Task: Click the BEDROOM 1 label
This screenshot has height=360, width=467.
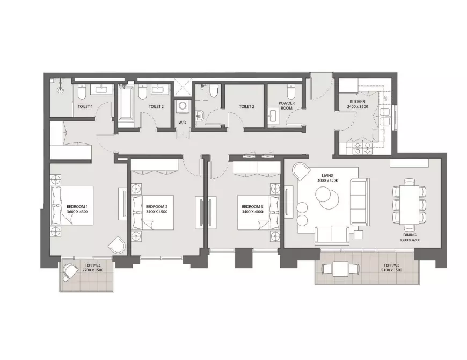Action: point(77,206)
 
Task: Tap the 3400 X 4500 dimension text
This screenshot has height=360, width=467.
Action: point(157,212)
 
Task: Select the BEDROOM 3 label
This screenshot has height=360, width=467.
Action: point(253,206)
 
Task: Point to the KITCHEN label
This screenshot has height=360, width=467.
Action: point(357,102)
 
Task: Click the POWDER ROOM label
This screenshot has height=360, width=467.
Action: point(287,105)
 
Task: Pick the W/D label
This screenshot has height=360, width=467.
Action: point(183,123)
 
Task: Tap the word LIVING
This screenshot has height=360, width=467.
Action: point(327,176)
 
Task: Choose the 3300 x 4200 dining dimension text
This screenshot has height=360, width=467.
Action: point(410,240)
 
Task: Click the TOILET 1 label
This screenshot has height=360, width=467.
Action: point(85,106)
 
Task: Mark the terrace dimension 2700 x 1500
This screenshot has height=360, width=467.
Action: point(93,270)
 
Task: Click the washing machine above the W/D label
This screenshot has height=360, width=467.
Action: point(181,106)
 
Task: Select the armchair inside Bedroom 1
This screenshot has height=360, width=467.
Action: point(117,245)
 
